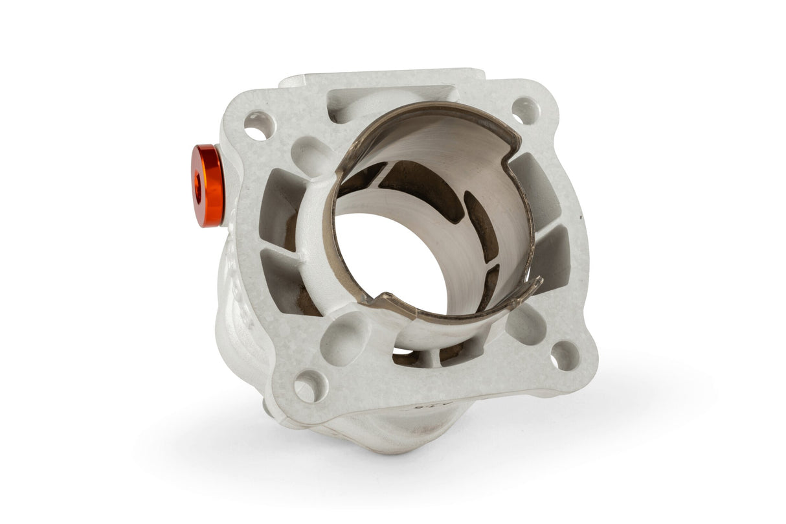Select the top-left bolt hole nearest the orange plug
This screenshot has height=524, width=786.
pyautogui.click(x=258, y=125)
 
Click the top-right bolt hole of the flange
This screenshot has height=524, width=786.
pyautogui.click(x=526, y=110)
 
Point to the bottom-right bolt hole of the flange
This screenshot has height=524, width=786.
pyautogui.click(x=565, y=356)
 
